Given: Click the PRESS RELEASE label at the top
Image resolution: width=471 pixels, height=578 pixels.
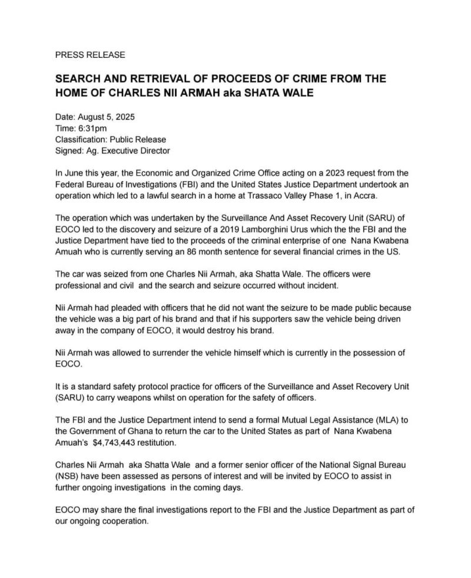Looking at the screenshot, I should [x=89, y=55].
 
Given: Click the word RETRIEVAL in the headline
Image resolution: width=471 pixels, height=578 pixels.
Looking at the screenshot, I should [x=154, y=79].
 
